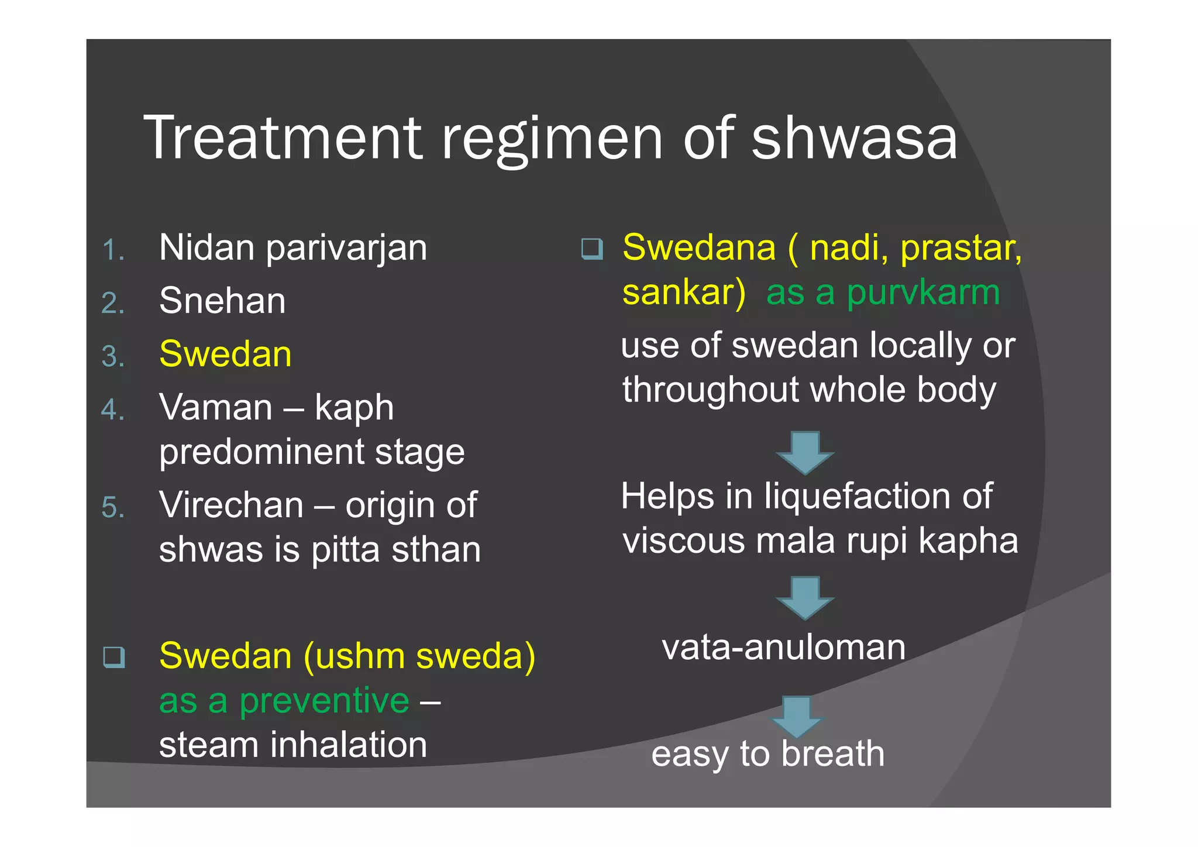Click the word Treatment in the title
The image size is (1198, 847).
click(283, 137)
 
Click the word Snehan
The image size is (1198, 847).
click(222, 301)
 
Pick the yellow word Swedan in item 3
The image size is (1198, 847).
click(225, 354)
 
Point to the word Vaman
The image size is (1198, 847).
click(215, 407)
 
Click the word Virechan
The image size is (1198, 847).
click(231, 505)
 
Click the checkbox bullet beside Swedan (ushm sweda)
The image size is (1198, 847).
click(114, 657)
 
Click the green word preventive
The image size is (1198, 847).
click(324, 701)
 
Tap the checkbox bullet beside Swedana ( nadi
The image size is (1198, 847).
click(592, 249)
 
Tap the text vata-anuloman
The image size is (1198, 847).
click(784, 648)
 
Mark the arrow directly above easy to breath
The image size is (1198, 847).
click(797, 716)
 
